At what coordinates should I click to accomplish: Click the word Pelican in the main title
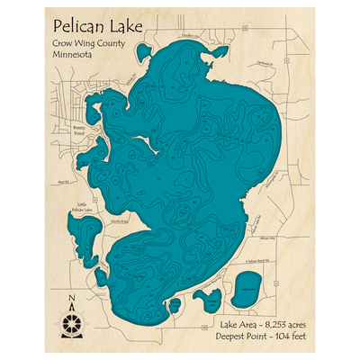tap(79, 25)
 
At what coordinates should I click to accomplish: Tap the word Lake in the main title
tap(126, 25)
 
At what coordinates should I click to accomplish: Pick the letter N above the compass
tap(72, 298)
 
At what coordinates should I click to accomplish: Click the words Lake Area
tap(235, 319)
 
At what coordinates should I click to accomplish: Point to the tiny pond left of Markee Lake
tap(174, 307)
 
